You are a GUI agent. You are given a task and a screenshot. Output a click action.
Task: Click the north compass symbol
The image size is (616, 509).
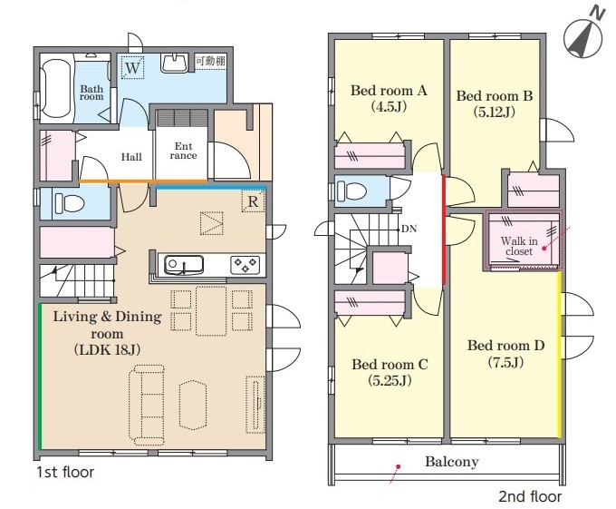[582, 38]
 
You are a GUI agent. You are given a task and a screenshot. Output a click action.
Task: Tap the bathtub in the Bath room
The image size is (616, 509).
[56, 89]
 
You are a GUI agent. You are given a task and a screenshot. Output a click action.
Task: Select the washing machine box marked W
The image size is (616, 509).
[133, 67]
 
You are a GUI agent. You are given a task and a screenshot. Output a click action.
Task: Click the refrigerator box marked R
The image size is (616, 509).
[253, 201]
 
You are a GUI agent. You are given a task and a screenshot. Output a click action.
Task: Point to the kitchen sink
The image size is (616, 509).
[184, 265]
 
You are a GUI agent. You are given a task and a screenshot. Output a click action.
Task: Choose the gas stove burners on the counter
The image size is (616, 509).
[245, 265]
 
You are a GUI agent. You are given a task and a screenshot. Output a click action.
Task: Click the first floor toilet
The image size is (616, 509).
[70, 203]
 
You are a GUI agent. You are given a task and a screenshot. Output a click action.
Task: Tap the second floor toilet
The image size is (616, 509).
[351, 191]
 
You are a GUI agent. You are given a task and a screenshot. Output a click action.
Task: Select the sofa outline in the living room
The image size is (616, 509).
[147, 405]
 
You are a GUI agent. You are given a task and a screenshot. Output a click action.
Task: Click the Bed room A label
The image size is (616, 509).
[389, 91]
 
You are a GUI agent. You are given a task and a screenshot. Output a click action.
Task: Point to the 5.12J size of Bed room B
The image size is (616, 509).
[494, 113]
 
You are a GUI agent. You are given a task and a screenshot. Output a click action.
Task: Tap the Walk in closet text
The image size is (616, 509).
[519, 246]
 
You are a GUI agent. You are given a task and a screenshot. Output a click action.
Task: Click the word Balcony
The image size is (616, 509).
[452, 462]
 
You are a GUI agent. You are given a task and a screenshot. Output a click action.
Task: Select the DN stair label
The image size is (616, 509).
[409, 229]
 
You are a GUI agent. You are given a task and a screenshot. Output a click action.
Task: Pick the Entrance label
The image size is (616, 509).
[183, 151]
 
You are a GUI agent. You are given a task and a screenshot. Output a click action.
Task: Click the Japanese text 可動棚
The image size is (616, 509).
[210, 61]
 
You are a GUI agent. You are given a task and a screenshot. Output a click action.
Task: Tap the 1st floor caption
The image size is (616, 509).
[65, 472]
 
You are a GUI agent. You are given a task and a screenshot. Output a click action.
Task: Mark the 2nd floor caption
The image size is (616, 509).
[530, 496]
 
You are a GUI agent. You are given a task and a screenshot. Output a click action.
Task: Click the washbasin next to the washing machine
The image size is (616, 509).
[174, 63]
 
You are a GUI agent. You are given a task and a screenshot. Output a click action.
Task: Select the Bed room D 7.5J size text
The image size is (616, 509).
[505, 362]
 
